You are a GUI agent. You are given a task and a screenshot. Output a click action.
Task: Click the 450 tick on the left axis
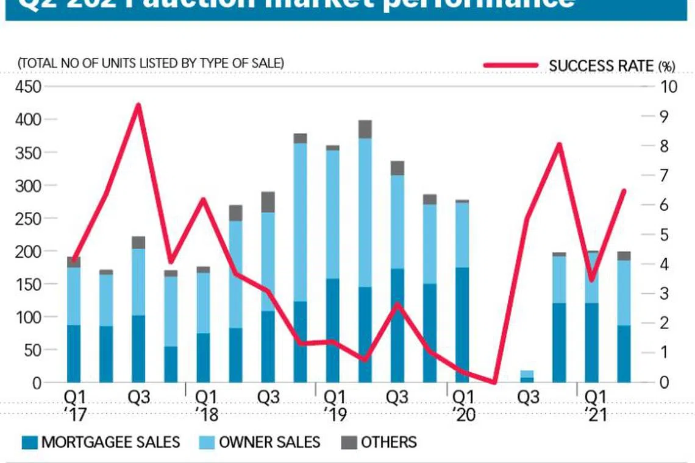click(x=28, y=87)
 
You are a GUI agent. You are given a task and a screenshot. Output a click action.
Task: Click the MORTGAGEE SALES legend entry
click(x=101, y=442)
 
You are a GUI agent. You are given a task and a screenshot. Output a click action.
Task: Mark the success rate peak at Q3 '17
click(x=138, y=105)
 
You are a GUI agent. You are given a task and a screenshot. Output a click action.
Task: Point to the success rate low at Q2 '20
click(x=494, y=383)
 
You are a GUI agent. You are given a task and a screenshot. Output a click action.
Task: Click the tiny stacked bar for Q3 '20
click(x=527, y=376)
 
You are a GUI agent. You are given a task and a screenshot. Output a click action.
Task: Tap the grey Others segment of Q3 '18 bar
click(x=268, y=202)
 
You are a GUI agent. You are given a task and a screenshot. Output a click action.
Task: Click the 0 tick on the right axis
click(x=665, y=383)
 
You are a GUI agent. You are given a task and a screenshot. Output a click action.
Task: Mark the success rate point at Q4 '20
click(x=558, y=144)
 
